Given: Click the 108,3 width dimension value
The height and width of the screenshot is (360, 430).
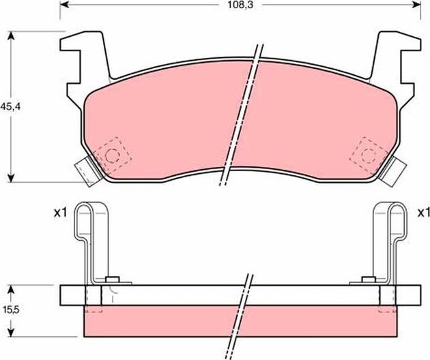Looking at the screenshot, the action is coord(240,5).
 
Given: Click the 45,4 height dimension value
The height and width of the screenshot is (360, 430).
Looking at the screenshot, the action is coord(10,106).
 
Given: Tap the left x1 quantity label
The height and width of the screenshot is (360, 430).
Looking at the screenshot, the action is coord(60,213).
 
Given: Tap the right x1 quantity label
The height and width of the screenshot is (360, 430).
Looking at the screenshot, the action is coord(423,213).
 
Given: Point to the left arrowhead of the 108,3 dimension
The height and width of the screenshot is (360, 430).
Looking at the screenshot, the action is coord(63,5).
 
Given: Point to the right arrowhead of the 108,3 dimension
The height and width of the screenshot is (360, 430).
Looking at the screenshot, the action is coord(417,5).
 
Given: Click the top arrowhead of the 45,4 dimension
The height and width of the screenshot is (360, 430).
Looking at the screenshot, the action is coord(11,35).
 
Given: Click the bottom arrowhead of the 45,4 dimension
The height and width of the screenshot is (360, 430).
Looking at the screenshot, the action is coord(11,179).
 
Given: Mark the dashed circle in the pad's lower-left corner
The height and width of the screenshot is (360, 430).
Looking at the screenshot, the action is coord(112,155).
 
